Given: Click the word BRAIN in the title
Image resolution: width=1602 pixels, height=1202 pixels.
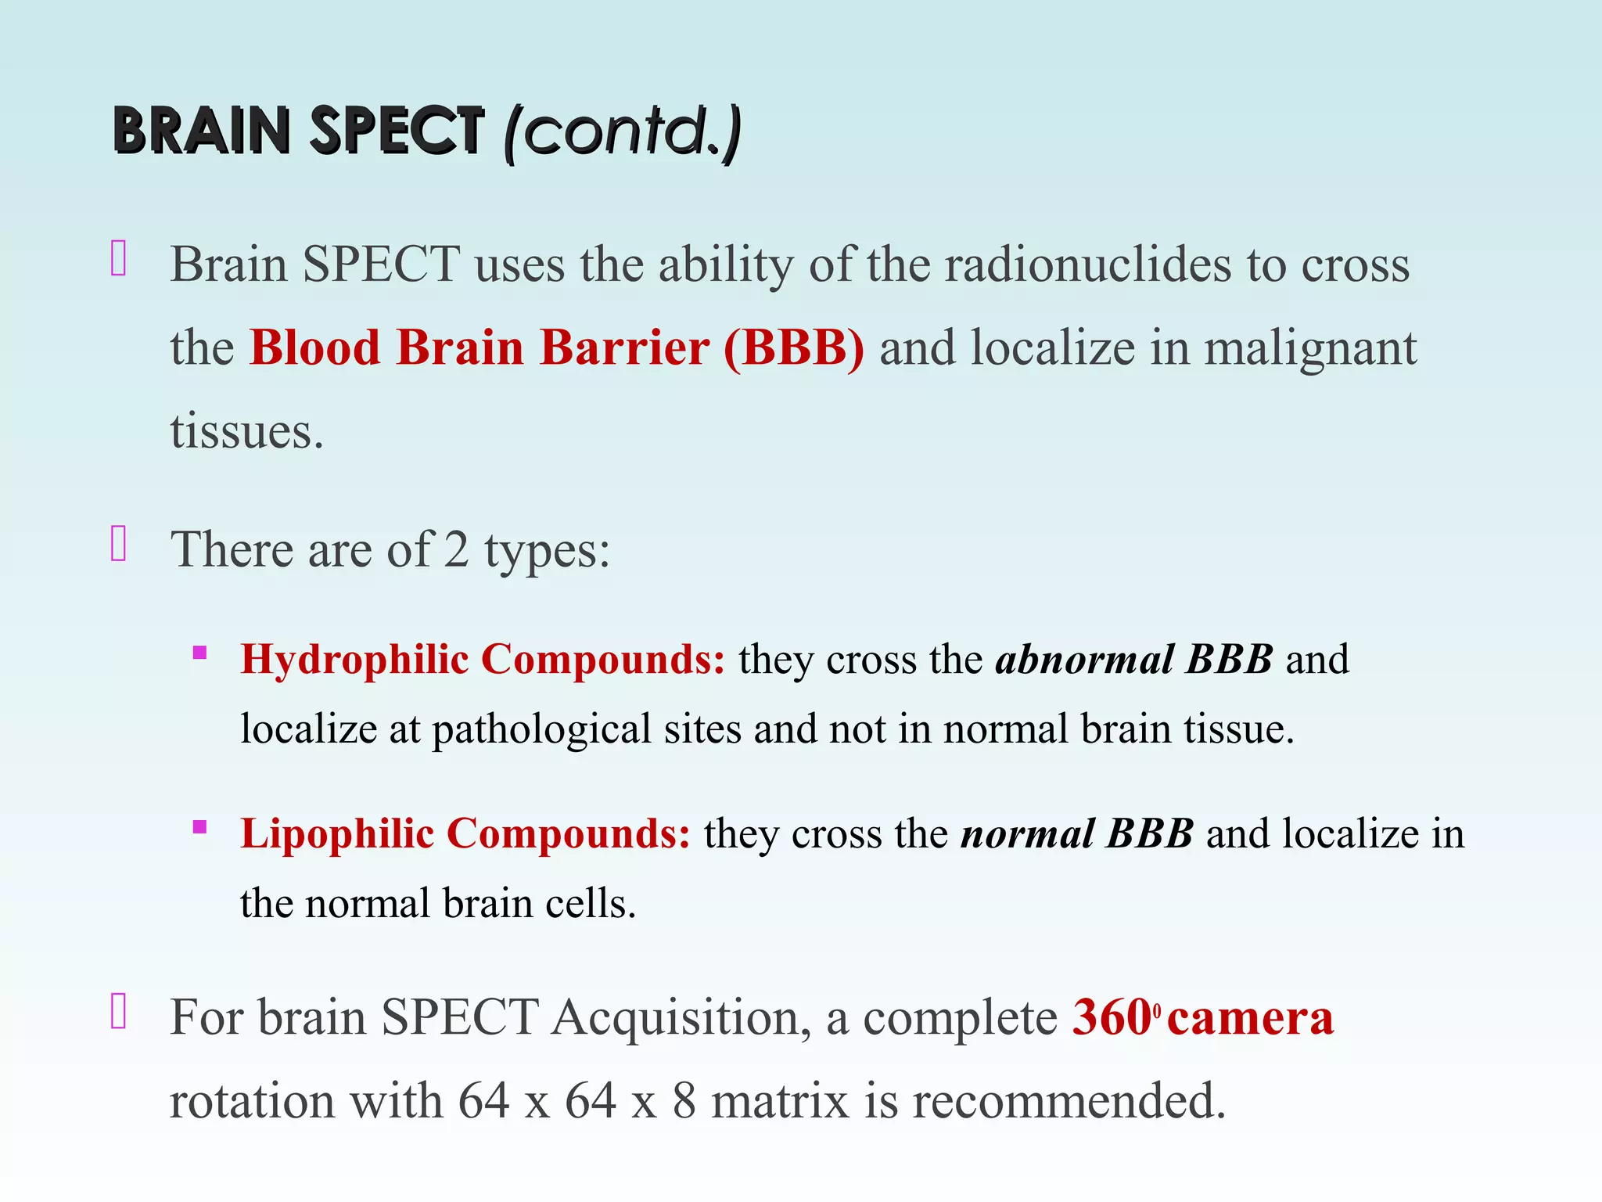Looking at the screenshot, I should [x=202, y=131].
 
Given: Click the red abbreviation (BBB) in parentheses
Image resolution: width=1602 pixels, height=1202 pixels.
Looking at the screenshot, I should [x=794, y=347].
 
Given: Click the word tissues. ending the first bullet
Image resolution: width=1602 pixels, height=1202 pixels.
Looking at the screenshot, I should [x=246, y=431].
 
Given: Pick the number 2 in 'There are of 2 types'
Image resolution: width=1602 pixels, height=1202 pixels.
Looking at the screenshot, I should [x=456, y=549].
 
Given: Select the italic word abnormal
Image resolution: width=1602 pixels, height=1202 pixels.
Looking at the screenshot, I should [x=1083, y=660].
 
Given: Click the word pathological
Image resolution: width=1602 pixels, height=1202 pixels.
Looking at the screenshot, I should [x=541, y=729].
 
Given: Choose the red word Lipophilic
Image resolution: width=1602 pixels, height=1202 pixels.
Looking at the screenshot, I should [x=336, y=834].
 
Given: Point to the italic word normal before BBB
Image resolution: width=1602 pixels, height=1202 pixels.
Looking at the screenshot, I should [x=1027, y=834].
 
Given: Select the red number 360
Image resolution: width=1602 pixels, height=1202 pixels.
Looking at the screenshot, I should [x=1111, y=1018].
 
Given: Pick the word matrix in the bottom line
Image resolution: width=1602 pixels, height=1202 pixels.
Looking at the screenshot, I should [x=780, y=1101].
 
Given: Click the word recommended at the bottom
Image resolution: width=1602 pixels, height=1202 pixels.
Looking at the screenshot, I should [x=1069, y=1101].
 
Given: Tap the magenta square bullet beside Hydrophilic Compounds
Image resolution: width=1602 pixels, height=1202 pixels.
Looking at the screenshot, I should [x=200, y=653].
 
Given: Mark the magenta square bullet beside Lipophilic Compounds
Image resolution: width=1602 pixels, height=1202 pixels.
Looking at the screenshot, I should [x=200, y=827].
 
